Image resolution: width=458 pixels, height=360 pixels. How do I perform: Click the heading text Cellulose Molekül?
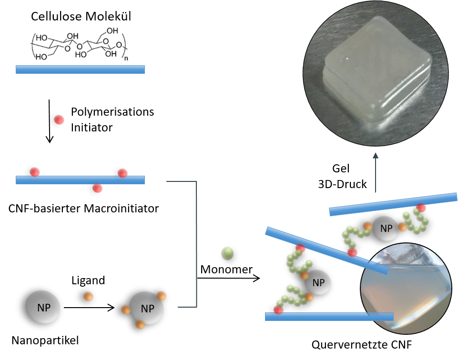81,16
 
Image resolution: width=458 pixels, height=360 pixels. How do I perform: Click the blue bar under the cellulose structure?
80,70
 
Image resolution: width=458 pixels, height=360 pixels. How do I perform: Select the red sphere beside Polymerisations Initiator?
59,120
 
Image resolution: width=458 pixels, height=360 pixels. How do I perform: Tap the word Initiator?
92,128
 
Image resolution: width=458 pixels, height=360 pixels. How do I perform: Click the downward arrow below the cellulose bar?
50,121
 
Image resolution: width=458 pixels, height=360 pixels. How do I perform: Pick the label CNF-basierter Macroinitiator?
83,208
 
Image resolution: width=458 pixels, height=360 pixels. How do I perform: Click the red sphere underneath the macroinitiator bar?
97,188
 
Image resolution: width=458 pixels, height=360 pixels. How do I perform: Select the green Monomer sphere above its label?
227,253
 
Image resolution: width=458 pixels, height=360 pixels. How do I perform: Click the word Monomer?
226,269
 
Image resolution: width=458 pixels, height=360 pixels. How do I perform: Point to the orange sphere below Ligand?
88,296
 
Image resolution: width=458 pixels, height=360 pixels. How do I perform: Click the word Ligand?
88,280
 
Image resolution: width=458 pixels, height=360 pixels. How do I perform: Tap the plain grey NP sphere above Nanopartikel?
42,307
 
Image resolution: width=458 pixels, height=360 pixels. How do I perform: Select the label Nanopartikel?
45,340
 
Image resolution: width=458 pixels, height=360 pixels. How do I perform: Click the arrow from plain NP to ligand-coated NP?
89,308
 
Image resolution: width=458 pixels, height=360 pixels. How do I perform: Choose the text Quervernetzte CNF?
362,345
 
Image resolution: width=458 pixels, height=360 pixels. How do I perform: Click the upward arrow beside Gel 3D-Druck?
376,172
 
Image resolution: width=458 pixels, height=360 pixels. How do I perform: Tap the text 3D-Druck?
342,184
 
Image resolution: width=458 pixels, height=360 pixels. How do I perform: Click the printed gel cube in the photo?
377,71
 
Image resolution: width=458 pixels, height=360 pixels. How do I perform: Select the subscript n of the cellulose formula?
126,59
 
